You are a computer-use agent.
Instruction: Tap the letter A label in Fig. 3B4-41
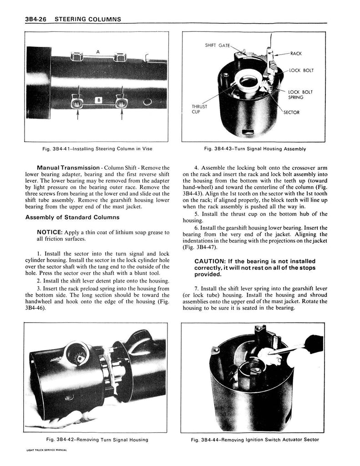[98, 52]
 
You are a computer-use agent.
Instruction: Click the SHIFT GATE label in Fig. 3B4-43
[217, 45]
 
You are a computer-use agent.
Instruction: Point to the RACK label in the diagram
[296, 54]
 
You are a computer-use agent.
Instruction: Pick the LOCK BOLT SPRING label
[300, 95]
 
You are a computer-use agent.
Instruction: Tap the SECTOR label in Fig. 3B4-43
[291, 112]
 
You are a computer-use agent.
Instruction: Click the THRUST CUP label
[199, 109]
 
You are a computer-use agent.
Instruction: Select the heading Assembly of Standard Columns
[72, 217]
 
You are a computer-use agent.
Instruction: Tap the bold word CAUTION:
[210, 261]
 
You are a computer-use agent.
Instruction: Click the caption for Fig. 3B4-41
[97, 149]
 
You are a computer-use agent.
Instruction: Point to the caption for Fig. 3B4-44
[255, 440]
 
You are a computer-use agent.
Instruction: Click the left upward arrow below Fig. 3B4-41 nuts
[77, 114]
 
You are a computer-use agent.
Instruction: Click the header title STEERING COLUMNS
[88, 19]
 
